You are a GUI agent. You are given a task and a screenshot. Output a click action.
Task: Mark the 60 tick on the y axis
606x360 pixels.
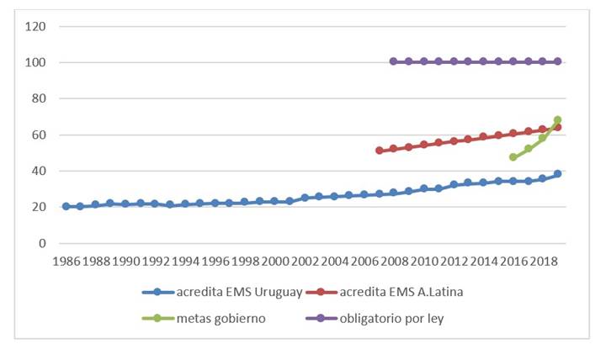tap(39, 135)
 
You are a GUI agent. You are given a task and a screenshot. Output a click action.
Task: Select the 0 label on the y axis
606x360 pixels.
tap(42, 243)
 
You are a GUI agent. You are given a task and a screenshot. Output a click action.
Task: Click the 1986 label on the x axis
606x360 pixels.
tap(66, 262)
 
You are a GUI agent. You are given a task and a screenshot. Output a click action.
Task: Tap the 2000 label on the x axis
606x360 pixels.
tap(274, 262)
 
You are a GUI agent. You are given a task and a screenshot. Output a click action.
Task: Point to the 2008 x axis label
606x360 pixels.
tap(393, 262)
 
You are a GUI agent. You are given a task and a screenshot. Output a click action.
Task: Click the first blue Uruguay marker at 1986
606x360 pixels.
tap(66, 206)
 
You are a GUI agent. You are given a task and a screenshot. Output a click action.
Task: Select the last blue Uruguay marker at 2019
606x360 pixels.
tap(557, 174)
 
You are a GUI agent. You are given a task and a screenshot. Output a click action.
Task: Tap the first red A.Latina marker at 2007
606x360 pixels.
tap(379, 151)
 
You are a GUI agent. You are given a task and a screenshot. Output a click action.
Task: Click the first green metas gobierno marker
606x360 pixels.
tap(513, 157)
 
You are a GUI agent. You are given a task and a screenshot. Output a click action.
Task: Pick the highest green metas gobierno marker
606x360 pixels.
tap(557, 120)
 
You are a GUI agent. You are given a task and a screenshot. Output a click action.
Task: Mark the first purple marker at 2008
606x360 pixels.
tap(393, 61)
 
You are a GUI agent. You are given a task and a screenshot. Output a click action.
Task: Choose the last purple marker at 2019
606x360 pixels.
tap(557, 61)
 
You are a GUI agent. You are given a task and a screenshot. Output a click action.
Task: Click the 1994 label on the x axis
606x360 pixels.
tap(184, 262)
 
